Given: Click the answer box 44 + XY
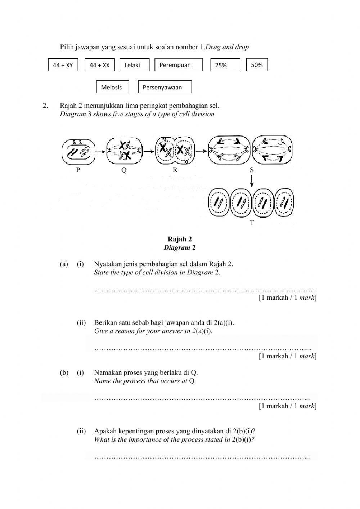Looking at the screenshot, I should (63, 65).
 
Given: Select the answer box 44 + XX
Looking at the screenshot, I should (100, 65).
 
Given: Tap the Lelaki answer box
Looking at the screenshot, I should (134, 65).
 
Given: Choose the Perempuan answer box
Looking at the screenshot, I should (179, 65).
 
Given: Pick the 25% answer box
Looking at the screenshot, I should (225, 65).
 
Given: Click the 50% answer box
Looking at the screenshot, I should (257, 65).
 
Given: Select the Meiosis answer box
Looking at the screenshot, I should (113, 87).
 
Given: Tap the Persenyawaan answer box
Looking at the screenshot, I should (165, 87).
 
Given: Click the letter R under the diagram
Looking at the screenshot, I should (175, 170).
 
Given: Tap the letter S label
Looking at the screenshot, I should (252, 170).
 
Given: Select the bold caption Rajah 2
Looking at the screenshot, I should (180, 239).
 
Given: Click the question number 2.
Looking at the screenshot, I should (45, 106).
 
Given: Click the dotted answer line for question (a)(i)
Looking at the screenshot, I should (204, 290).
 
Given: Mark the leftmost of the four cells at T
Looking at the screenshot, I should (219, 203).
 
